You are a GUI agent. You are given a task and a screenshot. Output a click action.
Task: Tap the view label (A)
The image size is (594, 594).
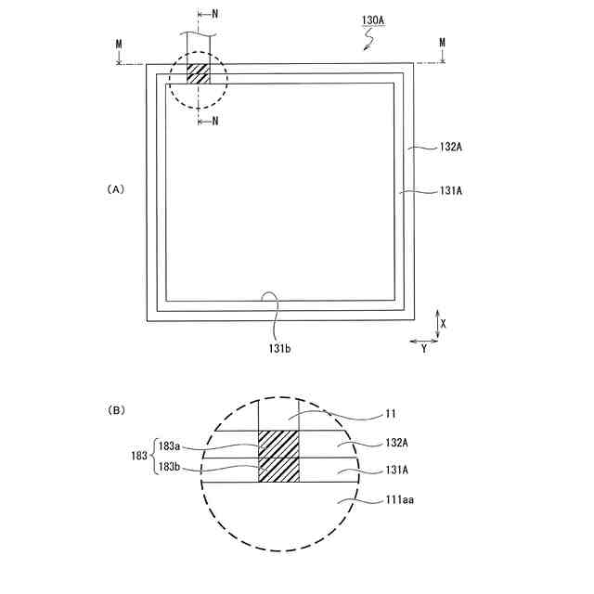pos(116,188)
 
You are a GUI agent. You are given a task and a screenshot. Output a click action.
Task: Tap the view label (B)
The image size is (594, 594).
pos(116,409)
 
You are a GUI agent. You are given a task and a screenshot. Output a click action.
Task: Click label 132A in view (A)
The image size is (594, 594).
pos(425,147)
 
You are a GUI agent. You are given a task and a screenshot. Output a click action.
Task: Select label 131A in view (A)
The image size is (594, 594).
pos(425,191)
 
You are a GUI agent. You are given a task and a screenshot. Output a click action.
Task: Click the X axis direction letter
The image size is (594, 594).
pos(444,323)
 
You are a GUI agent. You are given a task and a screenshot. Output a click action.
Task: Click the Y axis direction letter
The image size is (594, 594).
pos(423,348)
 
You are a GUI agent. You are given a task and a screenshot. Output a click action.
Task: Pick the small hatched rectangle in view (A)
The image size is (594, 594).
pos(199,74)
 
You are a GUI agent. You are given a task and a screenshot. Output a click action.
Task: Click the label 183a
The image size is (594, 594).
pos(170,445)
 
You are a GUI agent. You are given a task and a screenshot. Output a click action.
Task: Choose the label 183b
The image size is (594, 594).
pos(170,469)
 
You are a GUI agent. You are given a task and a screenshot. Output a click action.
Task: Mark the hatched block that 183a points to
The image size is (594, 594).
pos(278,444)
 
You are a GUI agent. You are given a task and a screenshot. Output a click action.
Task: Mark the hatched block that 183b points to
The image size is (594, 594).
pos(278,470)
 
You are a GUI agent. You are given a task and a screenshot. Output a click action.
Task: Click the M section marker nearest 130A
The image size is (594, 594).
pos(442,43)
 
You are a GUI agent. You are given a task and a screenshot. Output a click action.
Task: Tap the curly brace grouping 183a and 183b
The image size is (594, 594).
pos(152,457)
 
